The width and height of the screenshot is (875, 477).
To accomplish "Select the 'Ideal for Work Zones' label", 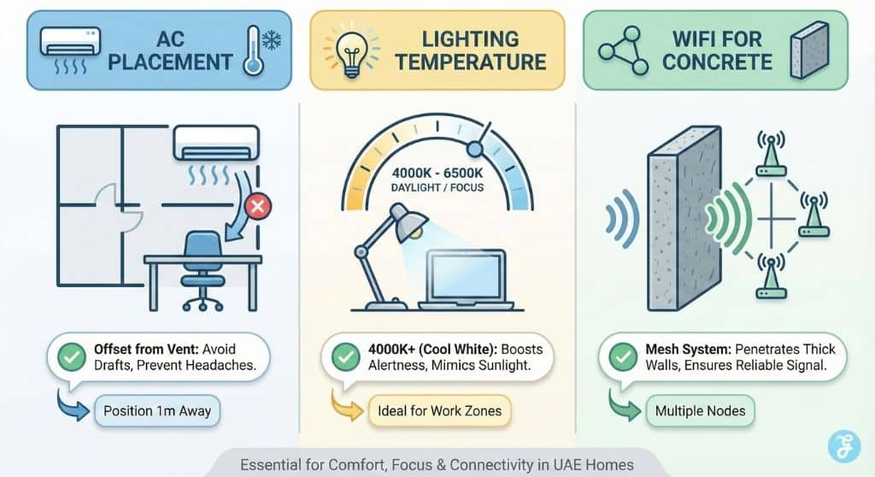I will [439, 411].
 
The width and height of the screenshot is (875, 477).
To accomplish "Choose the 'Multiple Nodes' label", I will [700, 411].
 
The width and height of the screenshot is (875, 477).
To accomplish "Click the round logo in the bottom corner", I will [845, 446].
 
